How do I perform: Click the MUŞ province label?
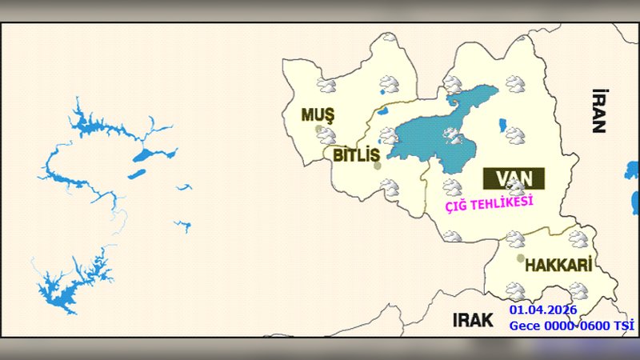click(317, 114)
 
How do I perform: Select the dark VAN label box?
click(514, 178)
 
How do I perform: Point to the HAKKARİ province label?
click(558, 265)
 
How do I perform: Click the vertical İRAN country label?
click(598, 110)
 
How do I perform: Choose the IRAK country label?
click(471, 321)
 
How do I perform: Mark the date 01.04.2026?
click(542, 310)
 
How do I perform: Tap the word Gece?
click(526, 325)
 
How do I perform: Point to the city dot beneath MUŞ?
click(318, 129)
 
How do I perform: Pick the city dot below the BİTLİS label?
click(378, 166)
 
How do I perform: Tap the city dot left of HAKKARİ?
click(521, 259)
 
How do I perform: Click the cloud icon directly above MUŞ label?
click(326, 85)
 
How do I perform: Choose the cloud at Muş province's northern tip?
click(390, 38)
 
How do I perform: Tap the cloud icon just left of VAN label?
click(453, 187)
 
